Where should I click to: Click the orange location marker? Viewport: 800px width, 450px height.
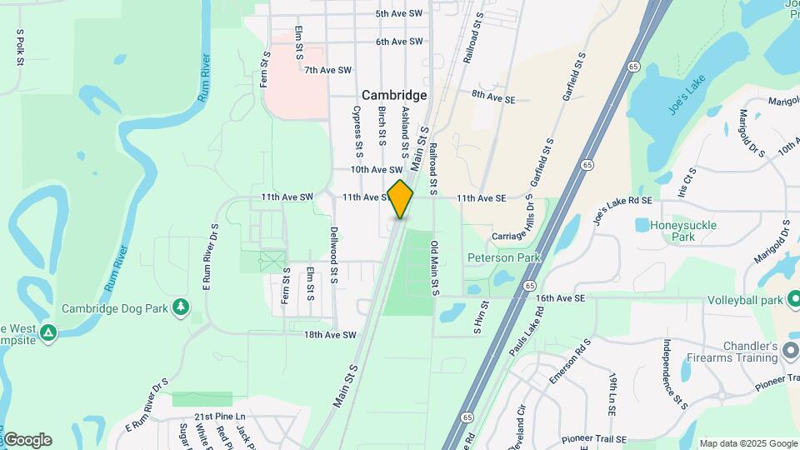(x=401, y=199)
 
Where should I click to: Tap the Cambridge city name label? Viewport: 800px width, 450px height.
(x=394, y=95)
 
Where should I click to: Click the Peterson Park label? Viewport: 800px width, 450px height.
(x=503, y=257)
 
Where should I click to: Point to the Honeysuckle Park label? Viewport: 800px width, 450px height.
(x=672, y=231)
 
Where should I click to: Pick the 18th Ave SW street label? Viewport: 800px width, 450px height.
(x=330, y=335)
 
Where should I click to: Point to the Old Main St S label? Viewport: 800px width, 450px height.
(x=434, y=268)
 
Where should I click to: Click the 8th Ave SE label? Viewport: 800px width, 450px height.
(x=493, y=99)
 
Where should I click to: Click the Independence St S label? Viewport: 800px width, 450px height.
(x=673, y=375)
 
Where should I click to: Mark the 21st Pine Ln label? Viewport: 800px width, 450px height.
(x=220, y=416)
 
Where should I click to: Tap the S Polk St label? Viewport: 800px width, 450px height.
(x=19, y=47)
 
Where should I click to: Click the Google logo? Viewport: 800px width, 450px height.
(x=27, y=439)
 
